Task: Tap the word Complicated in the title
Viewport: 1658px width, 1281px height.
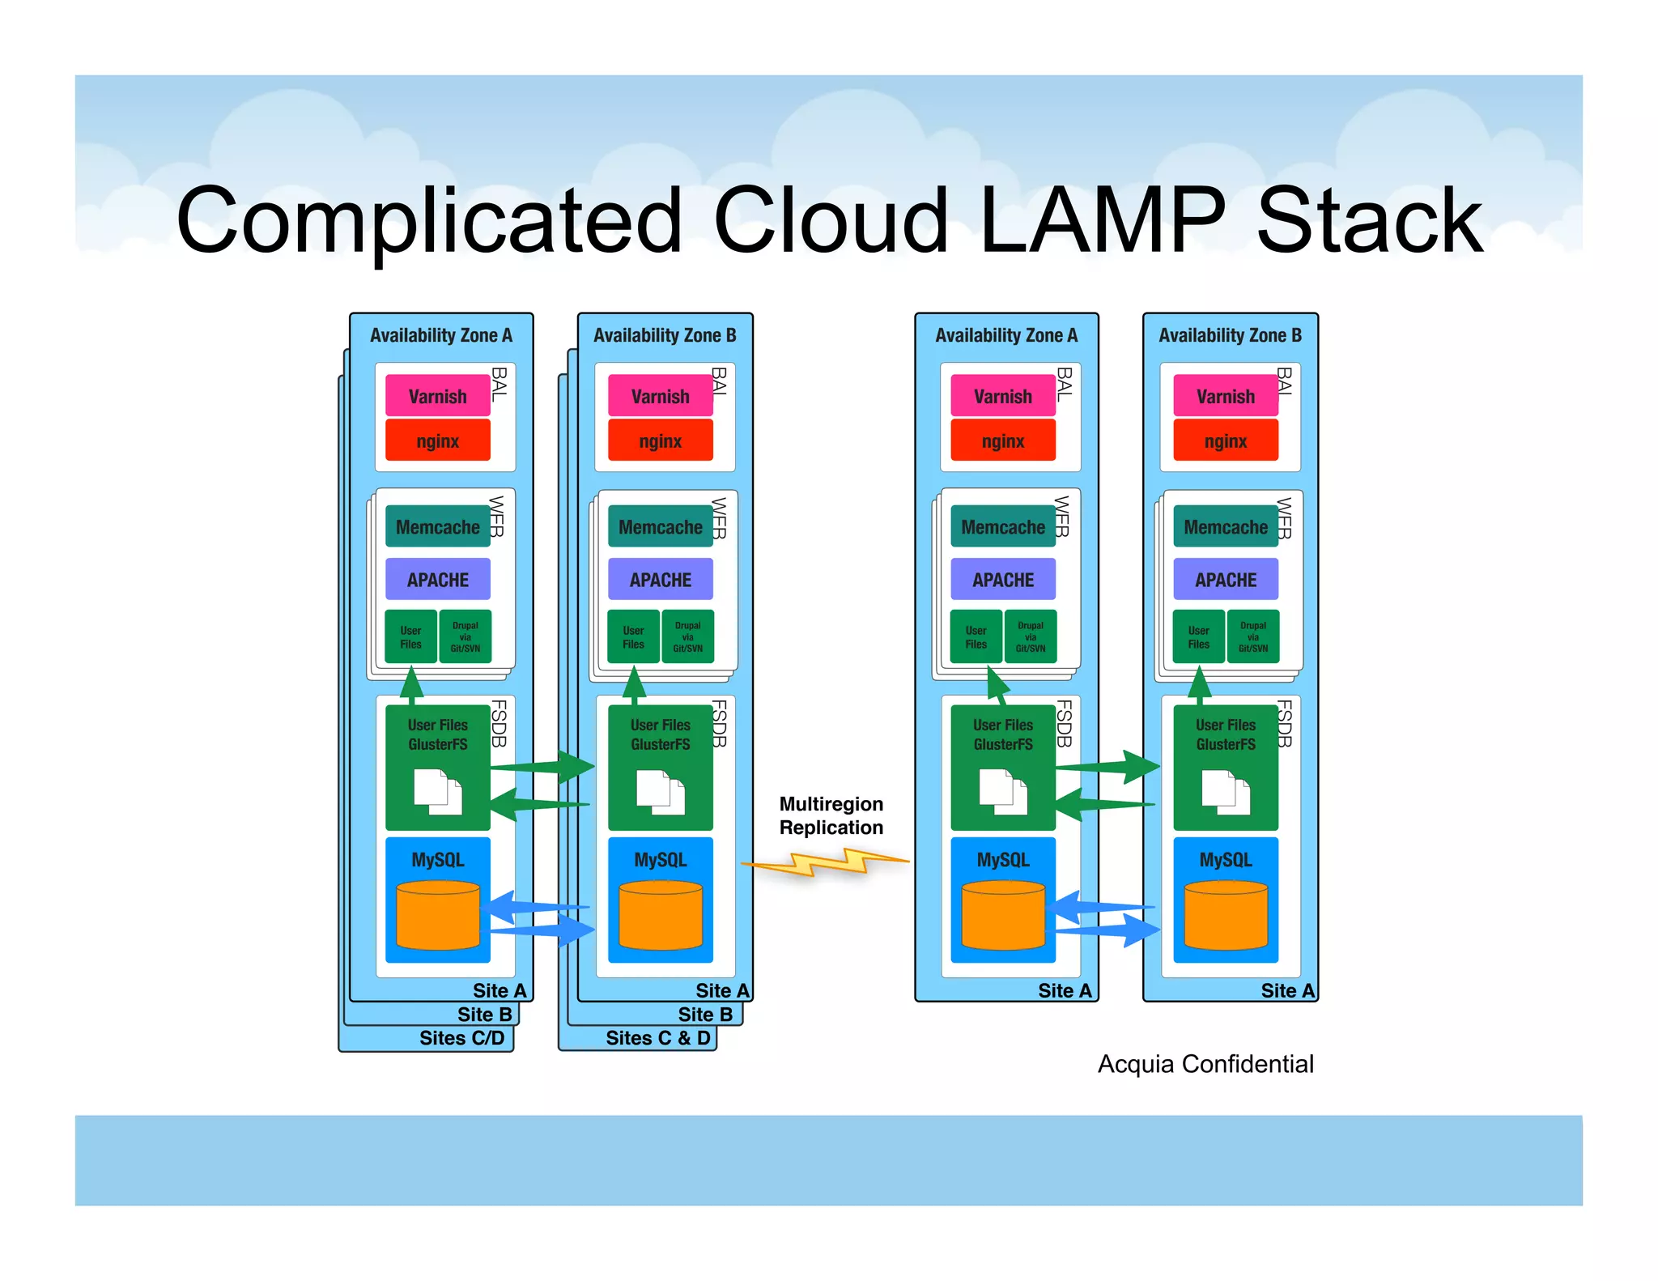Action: [429, 220]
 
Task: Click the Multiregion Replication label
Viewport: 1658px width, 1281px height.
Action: [831, 815]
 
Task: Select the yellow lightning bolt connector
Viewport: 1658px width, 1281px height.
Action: [826, 862]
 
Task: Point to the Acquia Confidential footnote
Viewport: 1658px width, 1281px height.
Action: [1205, 1063]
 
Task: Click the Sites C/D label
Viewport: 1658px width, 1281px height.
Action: [461, 1038]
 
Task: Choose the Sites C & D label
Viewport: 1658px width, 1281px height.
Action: [657, 1038]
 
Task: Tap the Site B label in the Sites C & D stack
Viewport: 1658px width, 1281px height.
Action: [704, 1015]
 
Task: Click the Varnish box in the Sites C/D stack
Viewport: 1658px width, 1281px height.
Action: [437, 396]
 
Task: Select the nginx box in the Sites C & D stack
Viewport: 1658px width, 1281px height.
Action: [660, 441]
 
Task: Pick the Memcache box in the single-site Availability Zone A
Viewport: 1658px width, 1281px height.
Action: [1002, 527]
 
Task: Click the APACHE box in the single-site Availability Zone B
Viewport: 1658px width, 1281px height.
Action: [1226, 580]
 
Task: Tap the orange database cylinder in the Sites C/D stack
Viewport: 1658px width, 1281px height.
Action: [438, 916]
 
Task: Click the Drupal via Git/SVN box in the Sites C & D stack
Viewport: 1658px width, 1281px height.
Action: [687, 637]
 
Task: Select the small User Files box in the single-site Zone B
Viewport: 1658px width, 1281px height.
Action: [1198, 637]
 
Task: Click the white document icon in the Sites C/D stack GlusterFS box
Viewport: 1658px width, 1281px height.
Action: [437, 791]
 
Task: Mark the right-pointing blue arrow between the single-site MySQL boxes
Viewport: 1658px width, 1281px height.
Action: [1109, 930]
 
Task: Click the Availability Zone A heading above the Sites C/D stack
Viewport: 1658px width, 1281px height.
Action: [440, 335]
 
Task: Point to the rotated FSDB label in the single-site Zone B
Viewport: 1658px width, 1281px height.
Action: [1285, 723]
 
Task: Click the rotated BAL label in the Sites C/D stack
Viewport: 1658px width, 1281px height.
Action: [500, 384]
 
